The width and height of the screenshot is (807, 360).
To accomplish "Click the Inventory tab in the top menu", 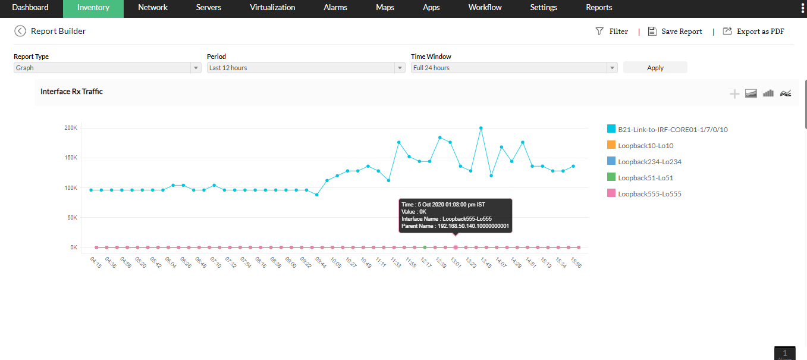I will tap(93, 8).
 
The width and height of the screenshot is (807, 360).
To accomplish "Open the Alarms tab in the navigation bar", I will tap(335, 8).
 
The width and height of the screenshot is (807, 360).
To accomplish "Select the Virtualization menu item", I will tap(272, 8).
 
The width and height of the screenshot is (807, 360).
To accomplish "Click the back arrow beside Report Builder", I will tap(20, 31).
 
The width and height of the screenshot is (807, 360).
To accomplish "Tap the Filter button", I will tap(612, 32).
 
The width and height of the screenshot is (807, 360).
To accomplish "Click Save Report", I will tap(675, 32).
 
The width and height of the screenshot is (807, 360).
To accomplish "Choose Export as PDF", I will tap(753, 32).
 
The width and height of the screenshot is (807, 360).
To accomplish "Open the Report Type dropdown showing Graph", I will tap(108, 68).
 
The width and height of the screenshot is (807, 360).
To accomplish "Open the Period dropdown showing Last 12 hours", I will tap(306, 68).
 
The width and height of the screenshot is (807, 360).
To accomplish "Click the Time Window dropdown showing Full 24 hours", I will tap(514, 68).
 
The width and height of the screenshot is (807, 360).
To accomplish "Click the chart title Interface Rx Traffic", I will tap(71, 92).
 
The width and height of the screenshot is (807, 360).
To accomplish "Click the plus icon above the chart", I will tap(734, 93).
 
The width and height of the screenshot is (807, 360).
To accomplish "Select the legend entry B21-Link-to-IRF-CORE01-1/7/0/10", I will tap(673, 129).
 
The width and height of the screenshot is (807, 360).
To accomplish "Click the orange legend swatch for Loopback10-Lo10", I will tap(611, 145).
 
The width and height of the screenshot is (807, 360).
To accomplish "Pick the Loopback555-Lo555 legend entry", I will tap(649, 194).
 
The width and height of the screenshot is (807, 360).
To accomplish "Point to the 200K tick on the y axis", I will tap(71, 128).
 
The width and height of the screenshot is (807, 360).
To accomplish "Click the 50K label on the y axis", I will tap(72, 218).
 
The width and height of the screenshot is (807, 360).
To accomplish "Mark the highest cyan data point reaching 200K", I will tap(481, 128).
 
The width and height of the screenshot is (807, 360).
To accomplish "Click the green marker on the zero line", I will tap(425, 247).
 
